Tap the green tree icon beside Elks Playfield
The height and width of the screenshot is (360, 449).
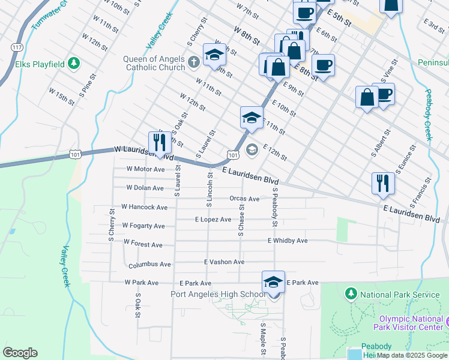coord(73,62)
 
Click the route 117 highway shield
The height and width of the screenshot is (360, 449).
coord(17,47)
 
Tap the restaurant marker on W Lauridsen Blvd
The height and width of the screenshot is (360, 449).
coord(160,142)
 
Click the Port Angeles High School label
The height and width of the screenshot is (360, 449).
coord(218,294)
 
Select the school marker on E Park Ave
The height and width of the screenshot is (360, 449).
coord(273,283)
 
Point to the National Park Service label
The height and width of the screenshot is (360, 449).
coord(399,295)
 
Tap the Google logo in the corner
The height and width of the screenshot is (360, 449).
coord(20,353)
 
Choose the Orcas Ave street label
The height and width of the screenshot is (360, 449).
coord(244,199)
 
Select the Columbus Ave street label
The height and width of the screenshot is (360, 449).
coord(149,264)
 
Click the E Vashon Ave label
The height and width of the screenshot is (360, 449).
coord(224,262)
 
